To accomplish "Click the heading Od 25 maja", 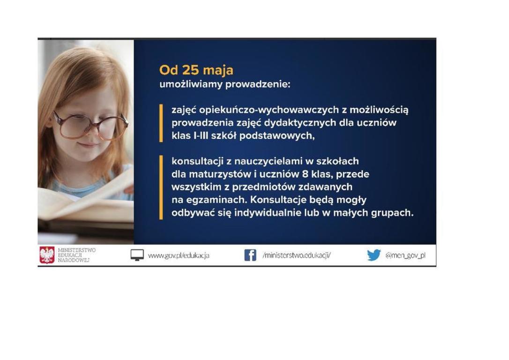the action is pyautogui.click(x=196, y=70).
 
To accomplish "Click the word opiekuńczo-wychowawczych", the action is pyautogui.click(x=269, y=110).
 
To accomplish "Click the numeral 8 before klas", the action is pyautogui.click(x=305, y=174).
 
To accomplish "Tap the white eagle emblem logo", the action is pyautogui.click(x=47, y=255).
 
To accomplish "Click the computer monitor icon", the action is pyautogui.click(x=137, y=255).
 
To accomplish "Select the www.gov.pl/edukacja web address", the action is pyautogui.click(x=179, y=255).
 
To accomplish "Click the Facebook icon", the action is pyautogui.click(x=250, y=255).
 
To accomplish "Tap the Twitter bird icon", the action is pyautogui.click(x=374, y=255).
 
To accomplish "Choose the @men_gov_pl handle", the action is pyautogui.click(x=405, y=255).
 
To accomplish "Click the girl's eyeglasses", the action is pyautogui.click(x=91, y=126).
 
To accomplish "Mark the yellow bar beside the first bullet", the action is pyautogui.click(x=161, y=123).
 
